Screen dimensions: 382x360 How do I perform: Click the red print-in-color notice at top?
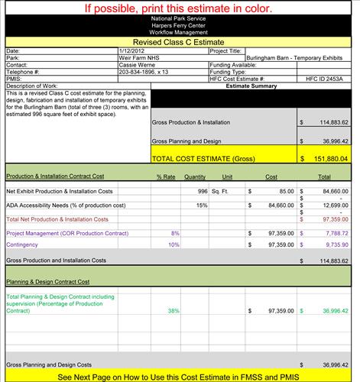pyautogui.click(x=180, y=8)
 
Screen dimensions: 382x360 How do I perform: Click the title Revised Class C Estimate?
pyautogui.click(x=180, y=43)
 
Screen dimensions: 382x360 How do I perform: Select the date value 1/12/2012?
pyautogui.click(x=130, y=51)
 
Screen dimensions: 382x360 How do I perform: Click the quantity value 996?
pyautogui.click(x=203, y=191)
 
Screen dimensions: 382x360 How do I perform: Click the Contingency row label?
pyautogui.click(x=22, y=244)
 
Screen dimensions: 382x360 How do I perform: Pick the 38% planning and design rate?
pyautogui.click(x=174, y=311)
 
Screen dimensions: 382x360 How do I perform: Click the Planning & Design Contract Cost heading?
pyautogui.click(x=42, y=281)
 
